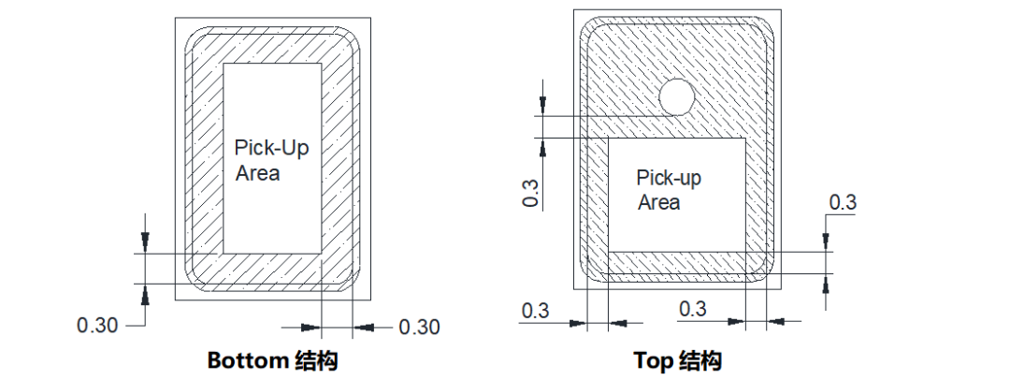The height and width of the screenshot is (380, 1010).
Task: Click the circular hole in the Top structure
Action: click(676, 96)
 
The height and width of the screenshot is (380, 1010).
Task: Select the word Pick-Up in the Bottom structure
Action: click(271, 148)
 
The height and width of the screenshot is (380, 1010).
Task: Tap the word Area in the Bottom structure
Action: click(257, 173)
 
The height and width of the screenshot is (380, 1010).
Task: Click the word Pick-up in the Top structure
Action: click(669, 178)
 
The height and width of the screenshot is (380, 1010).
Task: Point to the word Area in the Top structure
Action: click(659, 202)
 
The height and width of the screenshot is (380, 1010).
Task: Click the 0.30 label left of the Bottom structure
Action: click(97, 326)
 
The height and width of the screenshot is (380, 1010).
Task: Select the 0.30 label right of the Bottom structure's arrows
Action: click(419, 327)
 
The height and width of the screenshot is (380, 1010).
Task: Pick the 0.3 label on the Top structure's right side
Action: click(843, 202)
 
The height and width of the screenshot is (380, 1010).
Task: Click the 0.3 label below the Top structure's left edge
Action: click(535, 309)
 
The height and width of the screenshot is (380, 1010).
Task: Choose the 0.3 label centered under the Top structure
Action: click(692, 309)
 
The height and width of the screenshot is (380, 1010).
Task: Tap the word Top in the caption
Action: click(654, 360)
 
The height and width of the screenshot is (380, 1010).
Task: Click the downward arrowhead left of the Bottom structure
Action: click(144, 244)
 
